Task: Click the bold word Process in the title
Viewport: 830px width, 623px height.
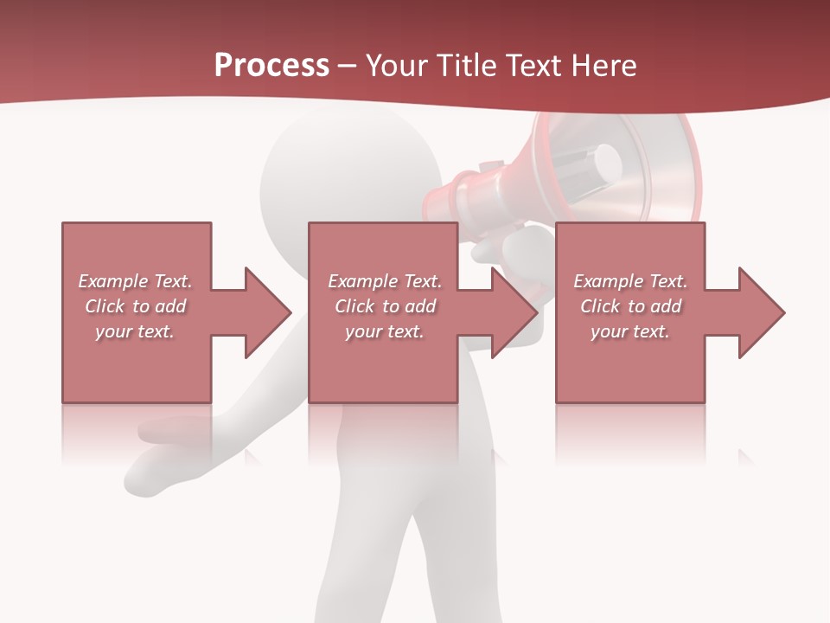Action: pos(271,66)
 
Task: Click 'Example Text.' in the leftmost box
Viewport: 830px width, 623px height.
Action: pos(136,281)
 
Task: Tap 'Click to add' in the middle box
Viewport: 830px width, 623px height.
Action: pos(386,306)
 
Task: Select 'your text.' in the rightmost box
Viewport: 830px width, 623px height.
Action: pos(630,331)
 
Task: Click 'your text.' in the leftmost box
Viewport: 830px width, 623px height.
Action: pos(136,331)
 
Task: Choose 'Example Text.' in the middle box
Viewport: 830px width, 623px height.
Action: pos(386,281)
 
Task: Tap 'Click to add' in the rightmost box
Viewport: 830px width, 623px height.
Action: pos(630,306)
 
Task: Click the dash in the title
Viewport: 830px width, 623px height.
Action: pos(348,67)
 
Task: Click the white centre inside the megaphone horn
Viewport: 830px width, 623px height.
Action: pos(608,160)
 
